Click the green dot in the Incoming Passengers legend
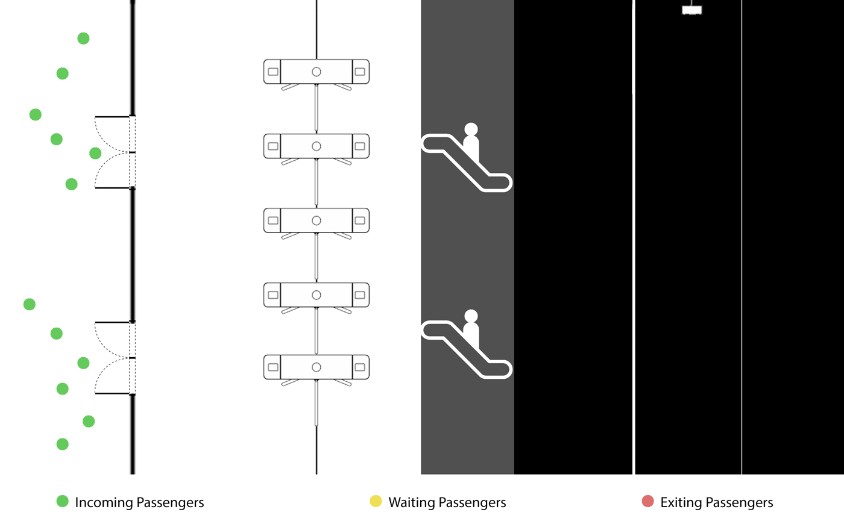[62, 501]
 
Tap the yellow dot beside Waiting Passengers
[376, 501]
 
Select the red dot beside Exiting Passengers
[648, 501]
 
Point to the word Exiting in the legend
[681, 502]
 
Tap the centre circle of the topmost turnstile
[316, 72]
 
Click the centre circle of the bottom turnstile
[316, 367]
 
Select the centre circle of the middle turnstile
[316, 220]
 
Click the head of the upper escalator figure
[471, 129]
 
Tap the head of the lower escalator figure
[471, 316]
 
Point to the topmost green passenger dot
[84, 39]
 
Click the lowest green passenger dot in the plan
[62, 444]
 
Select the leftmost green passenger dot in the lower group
[30, 304]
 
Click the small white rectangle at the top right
[691, 10]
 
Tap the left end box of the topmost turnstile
[272, 72]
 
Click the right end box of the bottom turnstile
[360, 367]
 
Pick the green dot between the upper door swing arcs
[95, 153]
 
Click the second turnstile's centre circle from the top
[316, 146]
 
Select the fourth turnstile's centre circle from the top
[316, 295]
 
